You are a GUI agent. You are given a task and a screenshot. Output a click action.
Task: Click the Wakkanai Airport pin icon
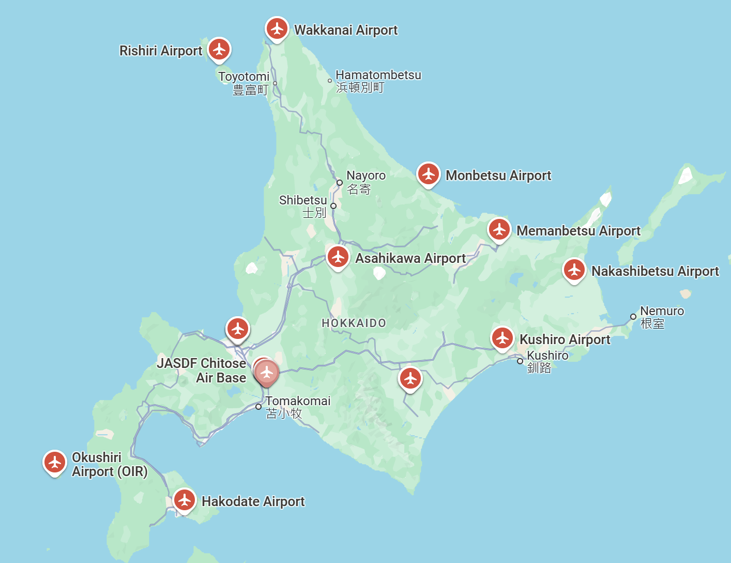(x=277, y=29)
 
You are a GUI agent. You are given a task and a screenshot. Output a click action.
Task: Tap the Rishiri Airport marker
(x=219, y=50)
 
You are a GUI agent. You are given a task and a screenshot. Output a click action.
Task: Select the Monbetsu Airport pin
(x=429, y=174)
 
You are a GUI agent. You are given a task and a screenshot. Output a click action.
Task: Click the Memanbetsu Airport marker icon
(x=499, y=230)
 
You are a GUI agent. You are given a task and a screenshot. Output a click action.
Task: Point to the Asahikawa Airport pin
(x=338, y=257)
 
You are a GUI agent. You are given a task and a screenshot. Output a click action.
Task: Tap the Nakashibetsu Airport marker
(x=574, y=270)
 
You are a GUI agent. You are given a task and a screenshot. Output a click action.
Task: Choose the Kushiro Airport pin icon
(x=502, y=338)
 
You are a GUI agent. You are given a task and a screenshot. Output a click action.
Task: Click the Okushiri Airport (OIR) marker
(x=55, y=463)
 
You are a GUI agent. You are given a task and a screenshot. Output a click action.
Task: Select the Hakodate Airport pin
(x=185, y=500)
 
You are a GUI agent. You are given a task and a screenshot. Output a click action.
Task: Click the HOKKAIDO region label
(x=354, y=323)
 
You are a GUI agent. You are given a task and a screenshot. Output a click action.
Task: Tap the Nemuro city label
(x=662, y=312)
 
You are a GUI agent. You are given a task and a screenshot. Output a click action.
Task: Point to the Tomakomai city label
(x=298, y=402)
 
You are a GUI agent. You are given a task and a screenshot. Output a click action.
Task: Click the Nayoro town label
(x=366, y=176)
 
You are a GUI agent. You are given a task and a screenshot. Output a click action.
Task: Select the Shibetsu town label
(x=303, y=201)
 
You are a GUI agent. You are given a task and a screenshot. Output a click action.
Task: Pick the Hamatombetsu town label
(x=378, y=76)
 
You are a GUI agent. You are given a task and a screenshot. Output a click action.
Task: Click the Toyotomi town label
(x=244, y=77)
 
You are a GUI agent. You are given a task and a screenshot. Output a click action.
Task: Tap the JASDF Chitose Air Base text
(x=202, y=371)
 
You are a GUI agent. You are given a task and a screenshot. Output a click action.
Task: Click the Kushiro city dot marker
(x=520, y=361)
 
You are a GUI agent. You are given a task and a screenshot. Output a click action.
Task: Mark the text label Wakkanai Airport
(x=346, y=31)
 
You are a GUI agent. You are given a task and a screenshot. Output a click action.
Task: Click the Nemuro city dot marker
(x=633, y=317)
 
